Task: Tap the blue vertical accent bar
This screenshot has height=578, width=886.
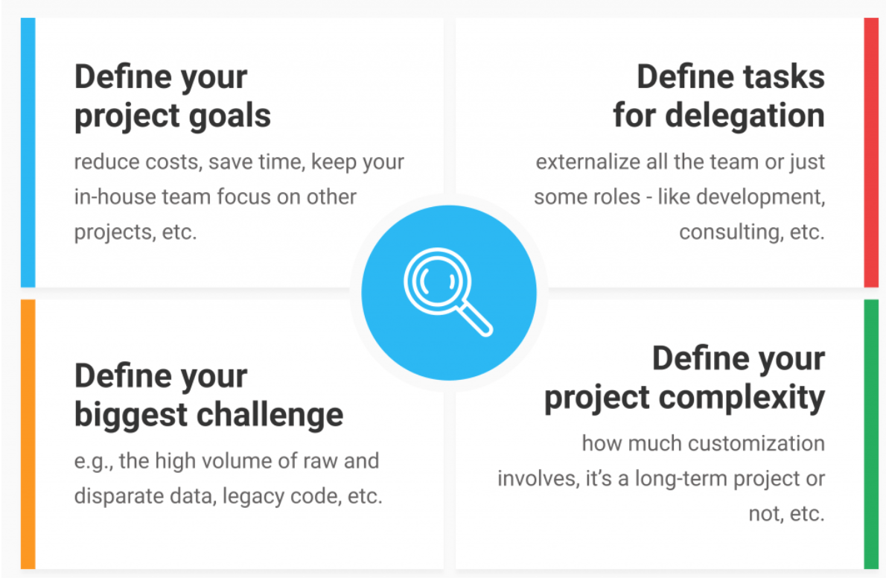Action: point(28,152)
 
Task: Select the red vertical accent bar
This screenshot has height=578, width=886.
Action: point(871,152)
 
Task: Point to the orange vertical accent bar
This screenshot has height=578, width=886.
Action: point(28,433)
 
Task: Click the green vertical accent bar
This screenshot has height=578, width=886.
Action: point(871,433)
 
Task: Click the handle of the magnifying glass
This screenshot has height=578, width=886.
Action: point(475,319)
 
